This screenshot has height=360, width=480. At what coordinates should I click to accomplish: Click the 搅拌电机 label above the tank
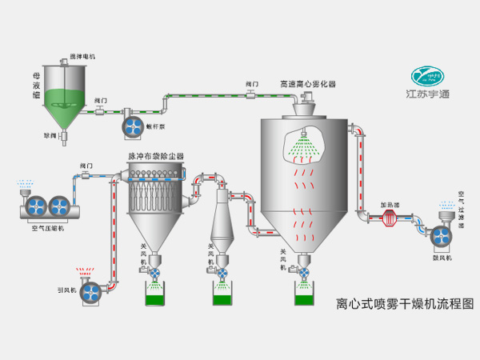[x=82, y=57]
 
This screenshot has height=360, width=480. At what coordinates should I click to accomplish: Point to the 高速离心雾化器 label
[x=307, y=82]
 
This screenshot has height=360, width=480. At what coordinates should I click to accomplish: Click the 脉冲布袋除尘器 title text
[x=156, y=156]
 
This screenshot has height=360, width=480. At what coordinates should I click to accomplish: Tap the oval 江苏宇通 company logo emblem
[x=430, y=76]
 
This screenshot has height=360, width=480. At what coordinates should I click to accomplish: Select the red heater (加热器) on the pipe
[x=388, y=216]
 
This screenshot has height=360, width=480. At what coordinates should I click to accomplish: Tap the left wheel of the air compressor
[x=34, y=206]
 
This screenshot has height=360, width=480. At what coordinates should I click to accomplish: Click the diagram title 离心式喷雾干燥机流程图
[x=405, y=305]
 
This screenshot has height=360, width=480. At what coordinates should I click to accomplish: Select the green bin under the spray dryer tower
[x=304, y=297]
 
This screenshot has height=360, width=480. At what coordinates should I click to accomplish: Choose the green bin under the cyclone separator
[x=223, y=297]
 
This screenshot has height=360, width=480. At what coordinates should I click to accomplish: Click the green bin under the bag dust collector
[x=154, y=297]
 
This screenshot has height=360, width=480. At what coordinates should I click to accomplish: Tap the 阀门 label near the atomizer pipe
[x=251, y=82]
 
